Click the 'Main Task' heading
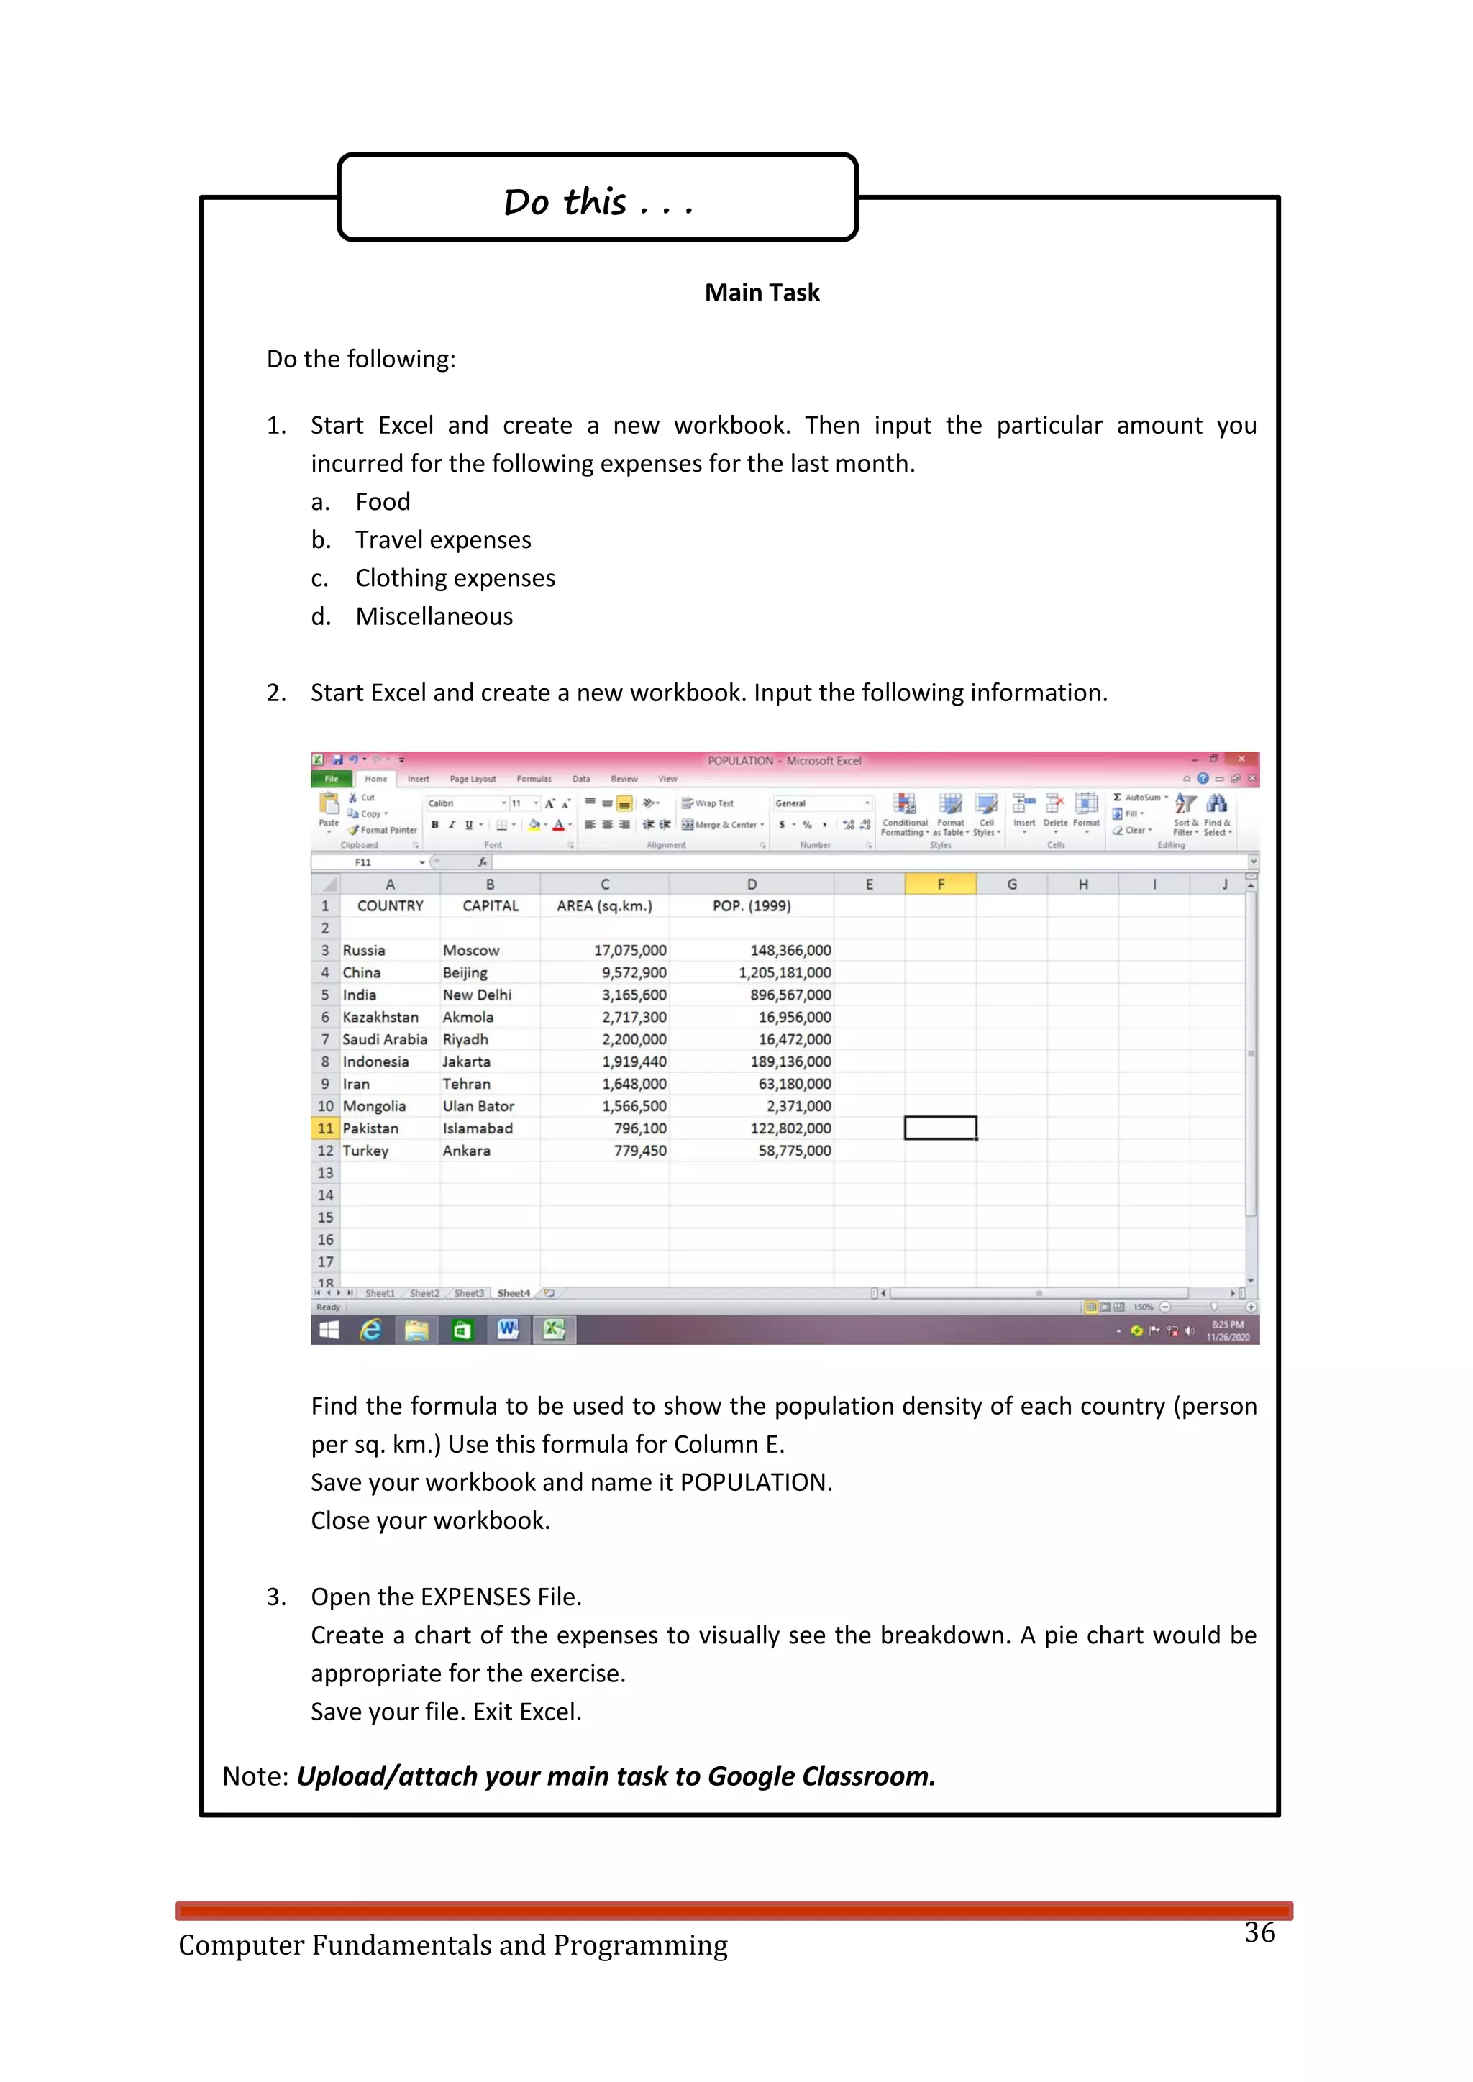(x=762, y=293)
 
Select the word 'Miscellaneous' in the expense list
(x=434, y=616)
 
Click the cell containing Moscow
(x=471, y=950)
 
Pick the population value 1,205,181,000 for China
(x=784, y=973)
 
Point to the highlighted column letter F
(x=941, y=884)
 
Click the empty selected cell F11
(x=941, y=1128)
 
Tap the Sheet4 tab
(x=514, y=1293)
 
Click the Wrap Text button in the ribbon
(x=708, y=803)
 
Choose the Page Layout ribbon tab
(x=473, y=779)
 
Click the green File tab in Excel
(x=332, y=779)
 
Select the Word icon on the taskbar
(x=508, y=1330)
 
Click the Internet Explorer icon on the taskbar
(x=370, y=1330)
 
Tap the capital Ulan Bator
(x=478, y=1106)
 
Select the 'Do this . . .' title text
(x=598, y=201)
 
